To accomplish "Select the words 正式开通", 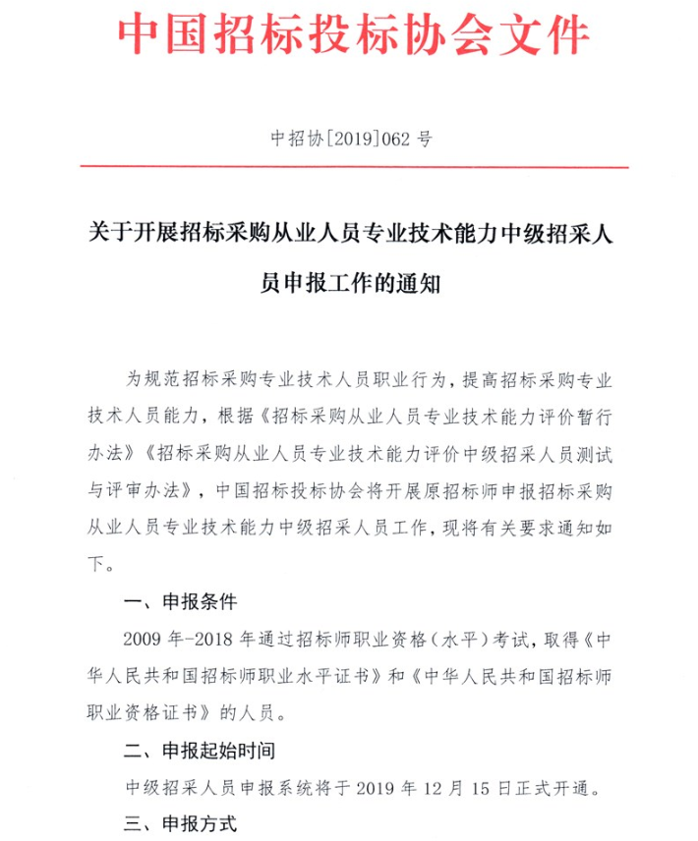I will (x=561, y=787).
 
